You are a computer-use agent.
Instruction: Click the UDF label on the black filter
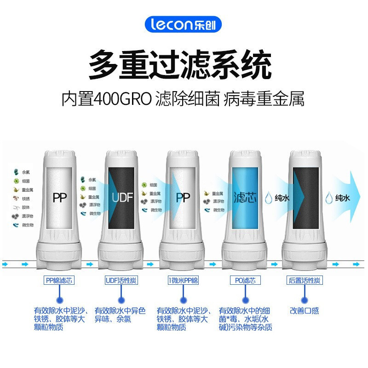point(122,198)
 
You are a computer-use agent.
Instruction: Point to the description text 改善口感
point(304,311)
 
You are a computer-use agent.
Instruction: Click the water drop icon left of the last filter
point(268,198)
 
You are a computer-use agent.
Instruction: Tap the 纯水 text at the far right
point(343,198)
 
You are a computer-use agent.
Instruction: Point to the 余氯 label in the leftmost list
point(26,172)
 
